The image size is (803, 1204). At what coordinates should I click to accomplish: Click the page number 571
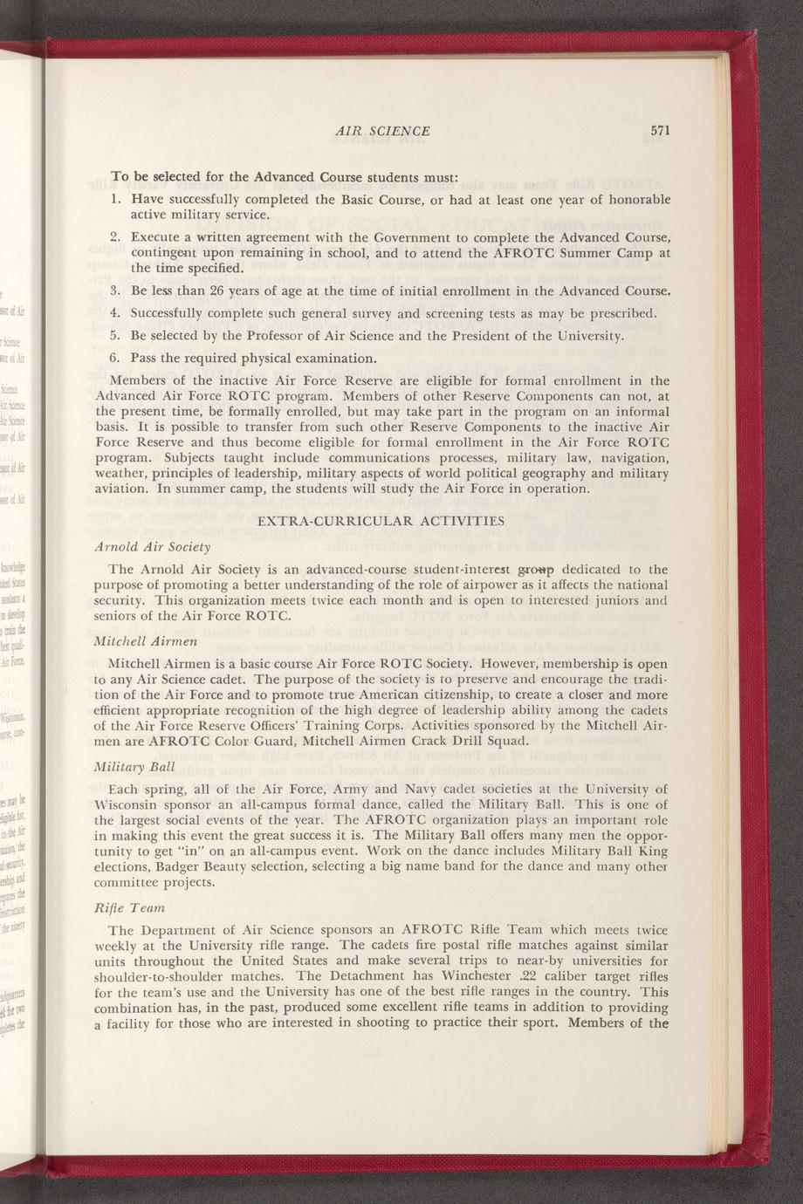(x=659, y=131)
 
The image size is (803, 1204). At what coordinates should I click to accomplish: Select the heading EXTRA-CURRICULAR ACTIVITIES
(x=382, y=521)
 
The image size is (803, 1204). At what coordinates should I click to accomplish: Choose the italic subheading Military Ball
(x=134, y=767)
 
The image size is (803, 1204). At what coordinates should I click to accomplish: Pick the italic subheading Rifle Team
(x=127, y=908)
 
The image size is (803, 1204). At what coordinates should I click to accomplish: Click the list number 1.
(x=115, y=200)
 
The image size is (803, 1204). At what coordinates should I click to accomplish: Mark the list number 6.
(x=115, y=358)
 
